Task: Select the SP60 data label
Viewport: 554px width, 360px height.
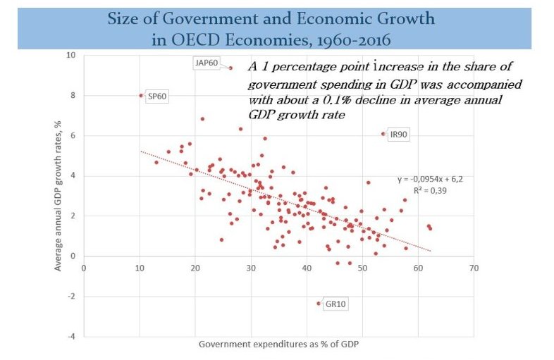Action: pos(158,97)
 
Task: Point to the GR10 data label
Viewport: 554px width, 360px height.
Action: pos(334,305)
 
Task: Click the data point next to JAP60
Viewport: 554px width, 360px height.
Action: pos(230,68)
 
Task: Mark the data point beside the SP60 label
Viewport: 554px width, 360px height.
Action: pos(141,95)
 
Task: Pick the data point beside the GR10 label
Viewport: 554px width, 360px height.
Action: pos(318,304)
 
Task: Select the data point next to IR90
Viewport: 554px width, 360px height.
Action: pos(383,133)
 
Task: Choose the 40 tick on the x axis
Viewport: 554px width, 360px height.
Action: pos(307,268)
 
